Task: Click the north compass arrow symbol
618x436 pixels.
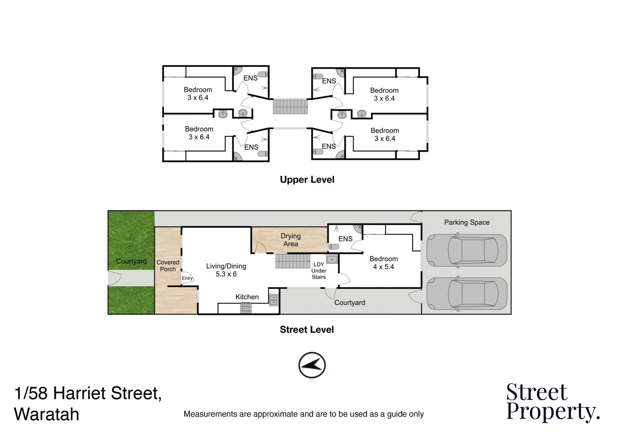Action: [x=312, y=365]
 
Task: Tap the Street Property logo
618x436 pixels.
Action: [x=553, y=402]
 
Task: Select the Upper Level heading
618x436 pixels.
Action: [x=307, y=180]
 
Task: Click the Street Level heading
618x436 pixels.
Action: [x=307, y=329]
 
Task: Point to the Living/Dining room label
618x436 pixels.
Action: [x=226, y=270]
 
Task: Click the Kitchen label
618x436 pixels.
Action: [x=247, y=297]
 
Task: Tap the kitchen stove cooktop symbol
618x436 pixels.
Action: [x=246, y=308]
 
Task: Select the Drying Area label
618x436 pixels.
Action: [x=291, y=240]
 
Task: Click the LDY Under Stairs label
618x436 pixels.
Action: [x=319, y=270]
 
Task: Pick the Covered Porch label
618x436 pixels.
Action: [x=168, y=266]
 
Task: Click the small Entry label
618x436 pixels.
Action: [x=187, y=278]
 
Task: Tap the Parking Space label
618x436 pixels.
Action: [x=466, y=222]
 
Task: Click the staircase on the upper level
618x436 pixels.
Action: [x=290, y=107]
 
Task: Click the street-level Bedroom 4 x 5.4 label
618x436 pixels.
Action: [x=383, y=262]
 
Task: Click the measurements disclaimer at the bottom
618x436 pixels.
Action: [x=304, y=414]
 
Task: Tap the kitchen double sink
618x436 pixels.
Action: [x=274, y=299]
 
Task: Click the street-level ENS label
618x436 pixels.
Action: [x=345, y=239]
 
